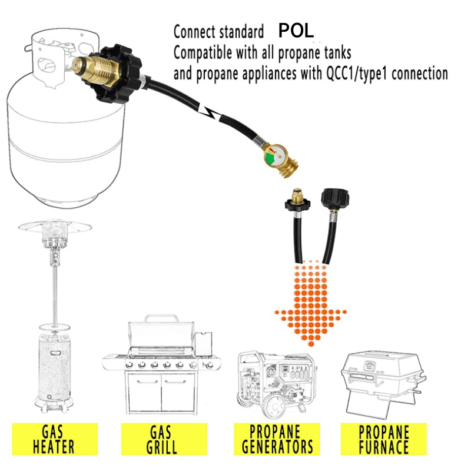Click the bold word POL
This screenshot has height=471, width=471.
[x=297, y=30]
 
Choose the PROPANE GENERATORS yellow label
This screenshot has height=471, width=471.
[x=276, y=438]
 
